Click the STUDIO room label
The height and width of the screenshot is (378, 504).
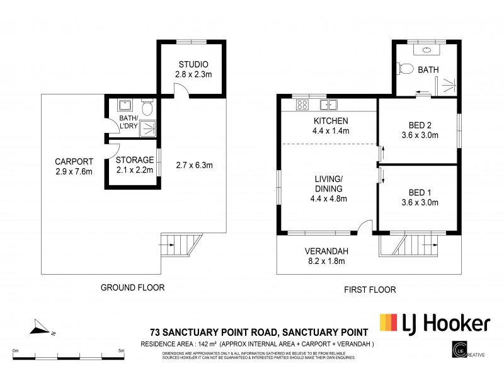[193, 64]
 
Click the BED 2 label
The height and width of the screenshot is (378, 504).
[420, 125]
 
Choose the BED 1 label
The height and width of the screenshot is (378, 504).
[420, 193]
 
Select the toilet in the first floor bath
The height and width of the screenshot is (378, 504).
[406, 69]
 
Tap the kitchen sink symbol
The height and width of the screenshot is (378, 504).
[328, 105]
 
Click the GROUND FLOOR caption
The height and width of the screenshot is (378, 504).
[133, 288]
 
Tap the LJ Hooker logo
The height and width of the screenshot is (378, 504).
[435, 324]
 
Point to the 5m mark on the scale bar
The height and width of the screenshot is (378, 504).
[121, 352]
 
